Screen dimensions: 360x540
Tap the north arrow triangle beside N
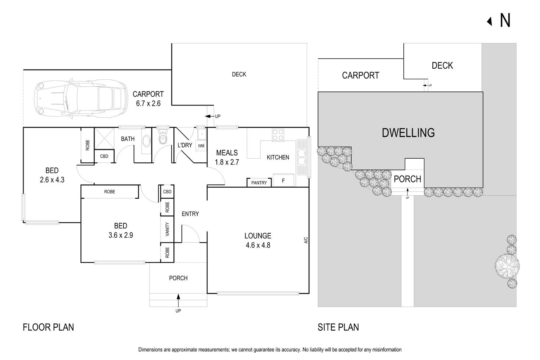point(490,22)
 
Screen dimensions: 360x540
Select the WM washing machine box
point(201,146)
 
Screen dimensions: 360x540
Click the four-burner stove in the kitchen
point(278,135)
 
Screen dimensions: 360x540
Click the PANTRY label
point(259,183)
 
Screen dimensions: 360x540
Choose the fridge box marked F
point(283,180)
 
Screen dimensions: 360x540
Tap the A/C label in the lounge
point(306,241)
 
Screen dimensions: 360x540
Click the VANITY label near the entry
point(168,229)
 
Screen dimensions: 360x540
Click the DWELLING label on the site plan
point(408,133)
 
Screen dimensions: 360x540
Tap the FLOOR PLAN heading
point(48,327)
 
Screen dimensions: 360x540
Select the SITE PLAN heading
point(338,327)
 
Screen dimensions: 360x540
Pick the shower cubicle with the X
point(104,139)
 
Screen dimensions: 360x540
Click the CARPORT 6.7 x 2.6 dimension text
point(148,99)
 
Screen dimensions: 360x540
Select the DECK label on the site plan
point(442,65)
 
